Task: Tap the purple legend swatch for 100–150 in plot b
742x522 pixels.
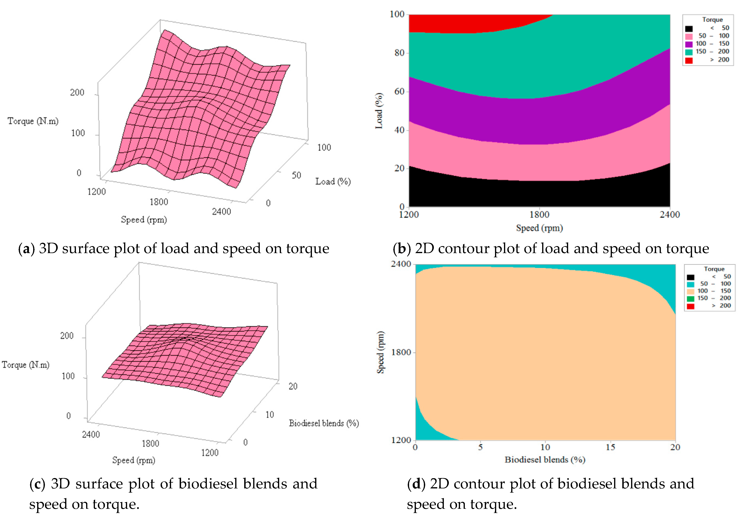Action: (689, 44)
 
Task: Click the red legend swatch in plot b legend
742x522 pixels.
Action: (689, 60)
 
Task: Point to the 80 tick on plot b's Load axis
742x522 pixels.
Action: (399, 53)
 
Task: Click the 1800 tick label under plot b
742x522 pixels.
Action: (539, 215)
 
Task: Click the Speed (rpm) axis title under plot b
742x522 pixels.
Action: (539, 228)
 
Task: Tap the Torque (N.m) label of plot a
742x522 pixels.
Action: (33, 121)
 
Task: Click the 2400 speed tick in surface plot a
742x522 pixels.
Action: (221, 212)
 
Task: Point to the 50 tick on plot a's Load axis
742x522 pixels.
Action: (296, 176)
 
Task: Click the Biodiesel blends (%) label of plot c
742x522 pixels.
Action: (324, 423)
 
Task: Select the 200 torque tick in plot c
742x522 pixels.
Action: (67, 336)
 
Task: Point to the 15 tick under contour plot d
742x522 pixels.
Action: (610, 447)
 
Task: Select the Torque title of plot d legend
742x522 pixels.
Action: (714, 269)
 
